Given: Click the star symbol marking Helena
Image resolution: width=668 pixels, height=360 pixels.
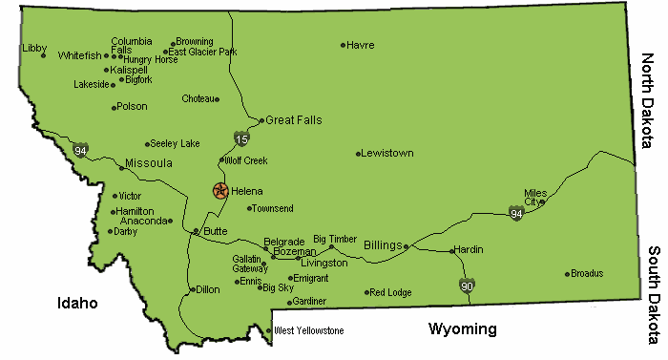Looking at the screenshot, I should (x=220, y=191).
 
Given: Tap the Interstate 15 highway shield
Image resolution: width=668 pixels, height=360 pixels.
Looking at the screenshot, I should (x=241, y=139).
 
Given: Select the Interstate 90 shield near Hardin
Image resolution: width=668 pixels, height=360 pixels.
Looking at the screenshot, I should (x=467, y=286).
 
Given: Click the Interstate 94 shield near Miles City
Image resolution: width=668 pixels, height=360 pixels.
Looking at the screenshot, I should (x=515, y=212).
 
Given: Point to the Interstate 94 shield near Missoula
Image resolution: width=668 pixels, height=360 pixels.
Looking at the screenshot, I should (x=81, y=151).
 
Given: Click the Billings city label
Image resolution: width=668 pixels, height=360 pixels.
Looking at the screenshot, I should (x=383, y=245).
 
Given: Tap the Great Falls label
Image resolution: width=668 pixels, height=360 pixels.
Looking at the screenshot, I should (x=294, y=120).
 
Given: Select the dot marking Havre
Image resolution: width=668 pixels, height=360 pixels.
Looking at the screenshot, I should (x=343, y=45).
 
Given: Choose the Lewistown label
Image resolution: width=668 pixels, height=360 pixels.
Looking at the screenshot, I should (x=389, y=153).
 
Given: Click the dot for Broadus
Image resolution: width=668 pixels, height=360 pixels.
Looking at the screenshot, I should (x=567, y=274).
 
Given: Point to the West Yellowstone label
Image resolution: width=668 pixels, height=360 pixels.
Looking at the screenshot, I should (x=308, y=331).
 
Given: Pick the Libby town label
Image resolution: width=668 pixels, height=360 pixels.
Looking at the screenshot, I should (x=34, y=47).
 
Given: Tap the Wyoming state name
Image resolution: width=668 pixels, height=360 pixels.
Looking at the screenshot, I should (x=462, y=329).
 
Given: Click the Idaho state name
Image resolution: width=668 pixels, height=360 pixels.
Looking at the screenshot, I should (x=76, y=303).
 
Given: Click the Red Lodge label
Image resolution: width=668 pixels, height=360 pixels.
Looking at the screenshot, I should (x=390, y=292).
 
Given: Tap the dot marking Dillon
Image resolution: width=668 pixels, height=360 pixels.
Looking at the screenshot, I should (x=192, y=289).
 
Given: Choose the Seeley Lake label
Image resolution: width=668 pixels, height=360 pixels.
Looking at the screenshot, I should (x=176, y=144).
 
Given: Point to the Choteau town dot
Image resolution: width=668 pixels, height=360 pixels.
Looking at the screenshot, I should (x=218, y=98).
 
